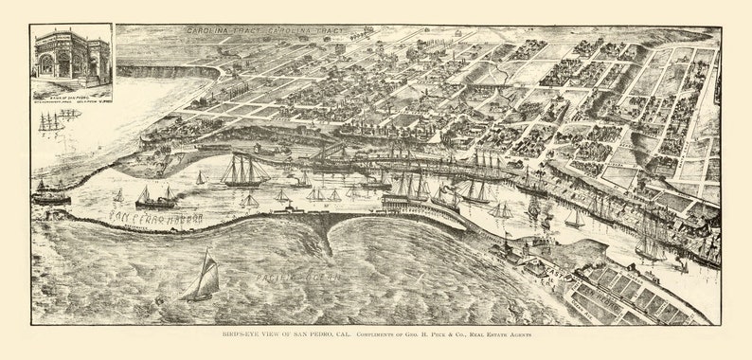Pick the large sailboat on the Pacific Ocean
tap(203, 278)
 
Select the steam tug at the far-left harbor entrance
tap(51, 195)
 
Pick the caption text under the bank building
tap(71, 94)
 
